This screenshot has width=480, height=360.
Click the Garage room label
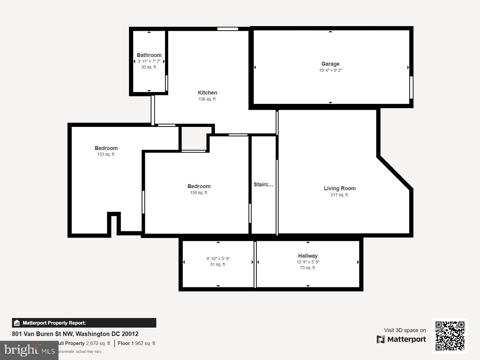[330, 64]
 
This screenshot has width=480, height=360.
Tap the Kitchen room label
[207, 93]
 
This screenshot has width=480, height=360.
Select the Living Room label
[340, 188]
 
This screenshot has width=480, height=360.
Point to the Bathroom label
[149, 55]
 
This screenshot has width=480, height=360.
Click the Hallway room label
[308, 256]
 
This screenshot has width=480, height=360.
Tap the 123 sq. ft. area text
[106, 154]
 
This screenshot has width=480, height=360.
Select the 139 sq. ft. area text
[199, 193]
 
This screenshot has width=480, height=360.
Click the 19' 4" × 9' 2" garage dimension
[330, 70]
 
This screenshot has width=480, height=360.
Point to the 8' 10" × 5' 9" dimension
[218, 259]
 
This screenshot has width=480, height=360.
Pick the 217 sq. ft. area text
[340, 195]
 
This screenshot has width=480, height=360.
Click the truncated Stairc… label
[263, 184]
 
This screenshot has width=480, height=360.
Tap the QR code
[450, 336]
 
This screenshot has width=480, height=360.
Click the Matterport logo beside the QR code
[401, 339]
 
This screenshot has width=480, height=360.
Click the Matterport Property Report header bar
[84, 323]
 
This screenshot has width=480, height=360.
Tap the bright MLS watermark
[29, 350]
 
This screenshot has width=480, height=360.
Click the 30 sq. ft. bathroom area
[149, 67]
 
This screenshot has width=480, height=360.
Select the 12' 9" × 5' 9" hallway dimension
[308, 262]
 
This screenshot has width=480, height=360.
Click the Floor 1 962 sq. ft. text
[137, 343]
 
